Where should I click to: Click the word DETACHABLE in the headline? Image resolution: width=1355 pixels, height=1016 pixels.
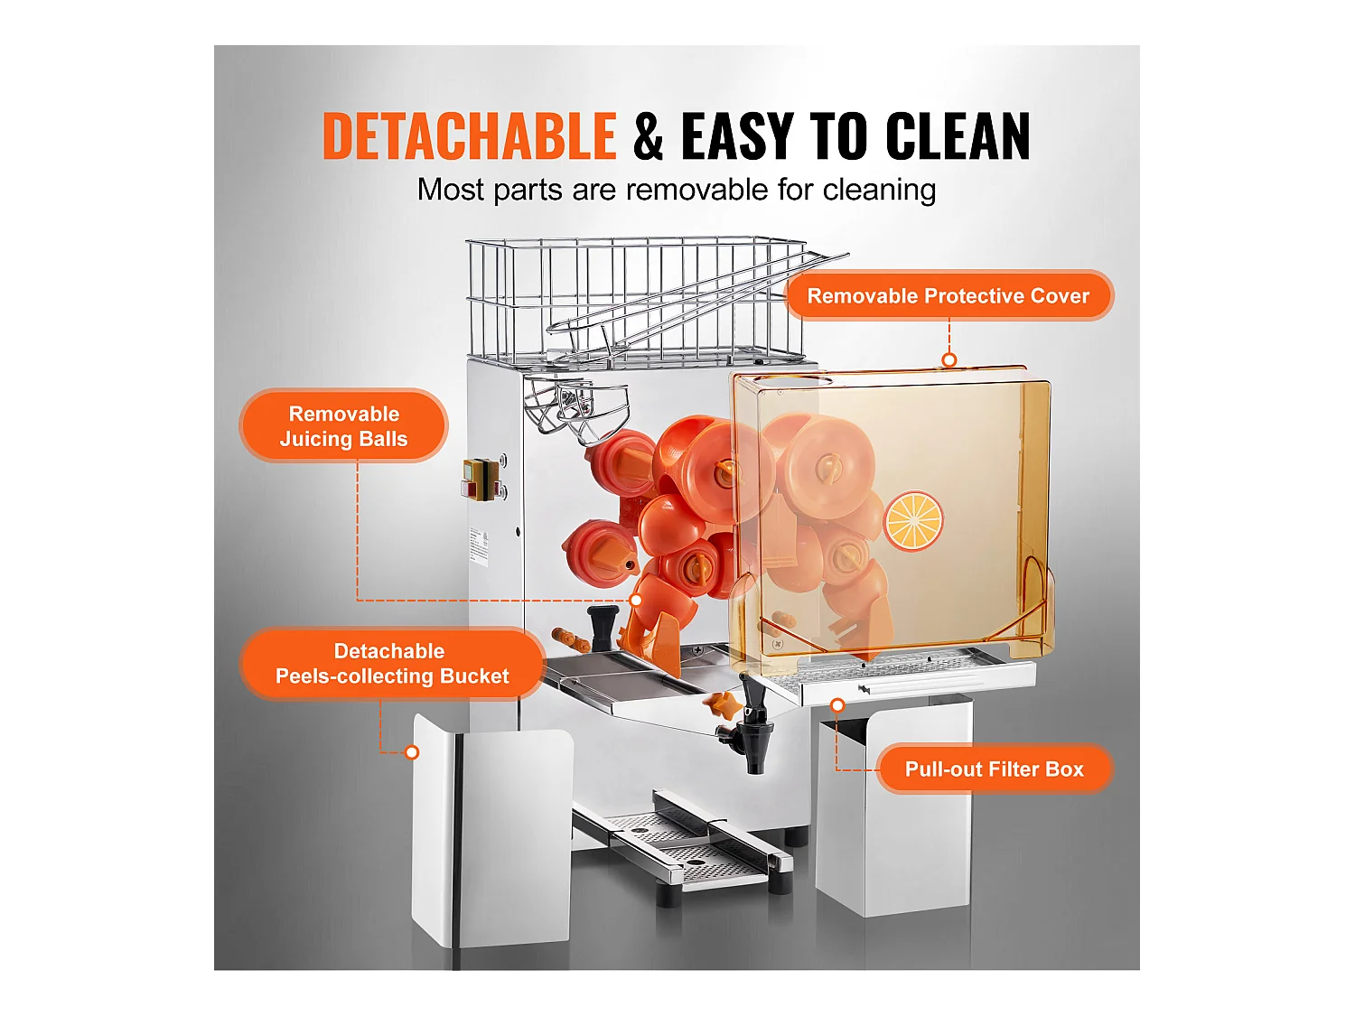point(469,137)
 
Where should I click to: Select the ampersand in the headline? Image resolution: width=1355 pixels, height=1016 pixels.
point(649,137)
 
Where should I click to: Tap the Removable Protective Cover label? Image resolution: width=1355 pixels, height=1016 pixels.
point(948,296)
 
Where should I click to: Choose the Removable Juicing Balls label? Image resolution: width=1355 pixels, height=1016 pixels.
point(343,426)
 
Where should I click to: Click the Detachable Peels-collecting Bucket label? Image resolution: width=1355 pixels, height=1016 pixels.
point(391,664)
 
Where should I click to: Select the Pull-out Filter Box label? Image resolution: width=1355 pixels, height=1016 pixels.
point(994,769)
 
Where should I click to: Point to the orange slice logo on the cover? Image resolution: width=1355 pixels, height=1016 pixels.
point(913,521)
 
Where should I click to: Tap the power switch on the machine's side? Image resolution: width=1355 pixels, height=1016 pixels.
point(481,478)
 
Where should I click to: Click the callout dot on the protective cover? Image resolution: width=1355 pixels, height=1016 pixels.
point(949,360)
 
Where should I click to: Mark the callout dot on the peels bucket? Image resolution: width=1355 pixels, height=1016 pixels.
point(412,752)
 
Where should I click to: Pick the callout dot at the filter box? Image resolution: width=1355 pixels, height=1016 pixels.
point(838,704)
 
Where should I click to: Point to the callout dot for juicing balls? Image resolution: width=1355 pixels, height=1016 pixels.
point(636,601)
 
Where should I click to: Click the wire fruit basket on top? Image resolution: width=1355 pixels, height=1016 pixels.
point(632,298)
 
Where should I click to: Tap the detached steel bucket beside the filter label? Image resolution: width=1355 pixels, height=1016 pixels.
point(894,813)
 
